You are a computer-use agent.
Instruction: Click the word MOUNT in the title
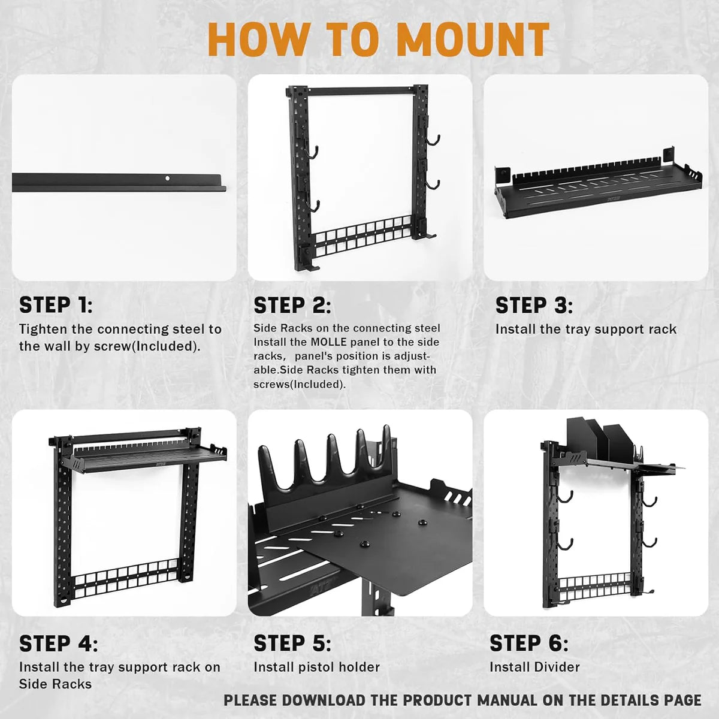(x=472, y=40)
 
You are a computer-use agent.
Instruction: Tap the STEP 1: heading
(x=56, y=306)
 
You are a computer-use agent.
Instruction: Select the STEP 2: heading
(x=292, y=306)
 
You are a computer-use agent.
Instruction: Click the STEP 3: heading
(x=533, y=306)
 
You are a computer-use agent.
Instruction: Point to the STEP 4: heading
(x=58, y=644)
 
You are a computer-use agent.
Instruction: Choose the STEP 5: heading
(x=292, y=644)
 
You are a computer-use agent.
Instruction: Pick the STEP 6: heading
(x=528, y=644)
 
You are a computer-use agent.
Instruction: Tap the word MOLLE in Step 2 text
(x=329, y=342)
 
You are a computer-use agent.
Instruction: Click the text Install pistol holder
(x=316, y=667)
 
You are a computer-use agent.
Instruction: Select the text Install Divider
(x=534, y=667)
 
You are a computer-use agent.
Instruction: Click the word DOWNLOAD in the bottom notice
(x=324, y=700)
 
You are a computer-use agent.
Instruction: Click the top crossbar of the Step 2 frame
(x=359, y=92)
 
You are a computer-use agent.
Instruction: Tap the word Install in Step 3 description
(x=515, y=329)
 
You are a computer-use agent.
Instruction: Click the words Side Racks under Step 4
(x=55, y=684)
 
